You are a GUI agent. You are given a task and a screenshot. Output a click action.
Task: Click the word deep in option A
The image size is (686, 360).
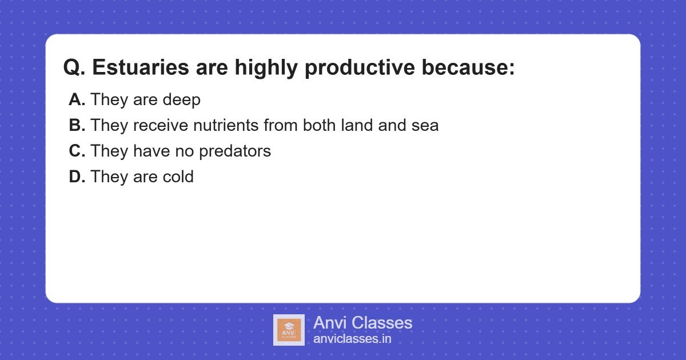(181, 101)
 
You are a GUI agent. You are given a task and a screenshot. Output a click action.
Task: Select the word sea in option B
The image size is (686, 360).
(425, 126)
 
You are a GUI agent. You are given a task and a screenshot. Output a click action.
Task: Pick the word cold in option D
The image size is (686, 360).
(177, 177)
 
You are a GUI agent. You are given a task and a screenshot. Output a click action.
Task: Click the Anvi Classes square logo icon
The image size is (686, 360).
(289, 330)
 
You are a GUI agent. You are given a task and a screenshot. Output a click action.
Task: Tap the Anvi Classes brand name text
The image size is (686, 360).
(362, 323)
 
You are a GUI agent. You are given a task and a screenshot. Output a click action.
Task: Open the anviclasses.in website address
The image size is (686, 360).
(352, 339)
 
